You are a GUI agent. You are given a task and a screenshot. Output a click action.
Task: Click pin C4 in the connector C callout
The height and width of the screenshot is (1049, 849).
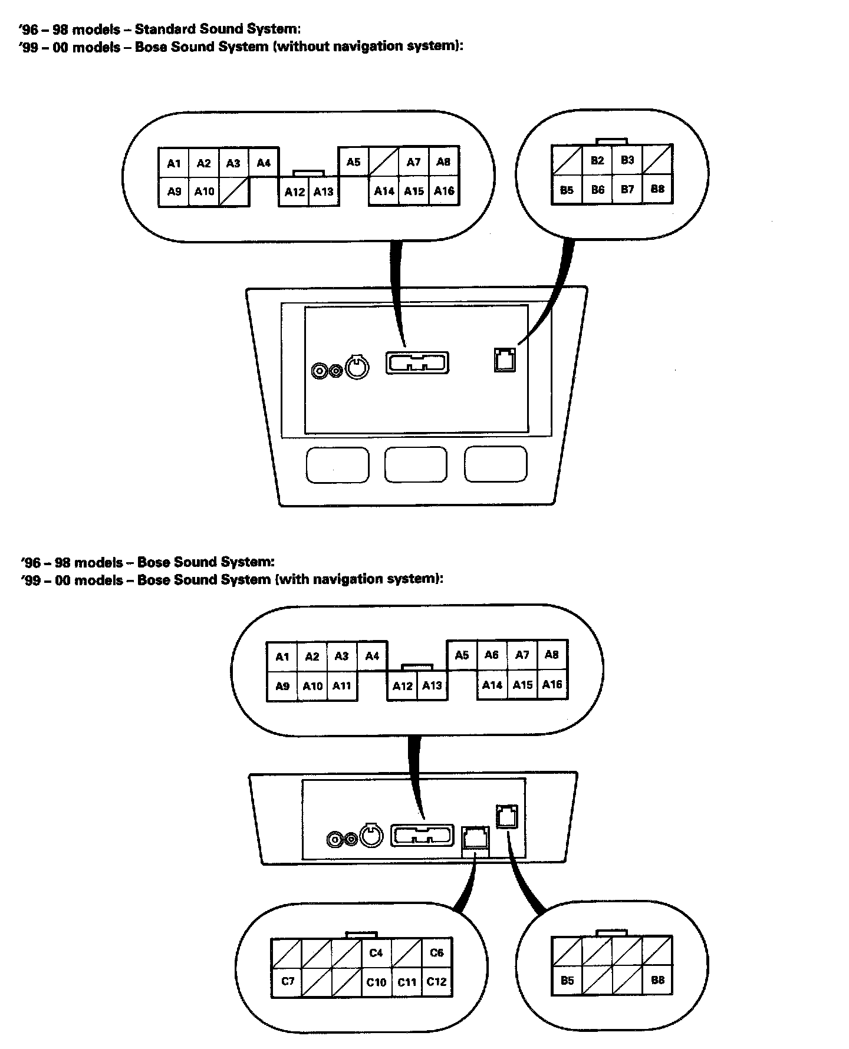coord(376,952)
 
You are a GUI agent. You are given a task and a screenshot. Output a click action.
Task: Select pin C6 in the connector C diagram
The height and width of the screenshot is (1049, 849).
coord(436,952)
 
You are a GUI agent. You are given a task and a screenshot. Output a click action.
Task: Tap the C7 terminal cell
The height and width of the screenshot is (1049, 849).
coord(287,981)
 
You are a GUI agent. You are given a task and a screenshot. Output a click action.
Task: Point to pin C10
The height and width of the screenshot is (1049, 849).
coord(376,982)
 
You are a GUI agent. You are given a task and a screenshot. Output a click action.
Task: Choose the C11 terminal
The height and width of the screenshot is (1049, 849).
coord(407,982)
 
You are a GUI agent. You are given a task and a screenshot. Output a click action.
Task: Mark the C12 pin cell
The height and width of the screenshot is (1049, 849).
coord(437,982)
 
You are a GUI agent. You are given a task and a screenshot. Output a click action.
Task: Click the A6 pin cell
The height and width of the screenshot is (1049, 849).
coord(492,655)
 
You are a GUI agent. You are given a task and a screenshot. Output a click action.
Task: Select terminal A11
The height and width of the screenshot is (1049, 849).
coord(342,685)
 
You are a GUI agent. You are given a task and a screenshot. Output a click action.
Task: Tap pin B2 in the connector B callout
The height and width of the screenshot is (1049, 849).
coord(597,160)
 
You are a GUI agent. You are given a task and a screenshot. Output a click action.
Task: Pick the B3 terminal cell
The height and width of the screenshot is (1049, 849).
coord(627,160)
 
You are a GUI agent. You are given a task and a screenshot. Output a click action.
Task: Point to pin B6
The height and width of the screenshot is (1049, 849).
coord(597,190)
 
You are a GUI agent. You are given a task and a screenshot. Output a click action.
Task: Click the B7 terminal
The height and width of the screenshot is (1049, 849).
coord(627,190)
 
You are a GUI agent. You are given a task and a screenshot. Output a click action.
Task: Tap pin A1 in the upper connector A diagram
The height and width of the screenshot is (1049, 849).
coord(174,163)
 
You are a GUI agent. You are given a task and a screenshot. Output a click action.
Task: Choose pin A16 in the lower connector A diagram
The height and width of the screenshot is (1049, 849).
coord(552,685)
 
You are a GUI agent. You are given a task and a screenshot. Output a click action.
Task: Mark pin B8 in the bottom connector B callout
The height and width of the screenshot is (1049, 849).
coord(657,980)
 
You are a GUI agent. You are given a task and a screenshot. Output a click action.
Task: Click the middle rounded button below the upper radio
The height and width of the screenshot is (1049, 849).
coord(416,464)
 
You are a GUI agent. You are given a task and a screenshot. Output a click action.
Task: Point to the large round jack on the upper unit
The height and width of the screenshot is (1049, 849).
coord(356,368)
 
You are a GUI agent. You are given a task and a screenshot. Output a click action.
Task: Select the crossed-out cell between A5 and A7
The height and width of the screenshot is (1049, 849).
coord(384,161)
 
